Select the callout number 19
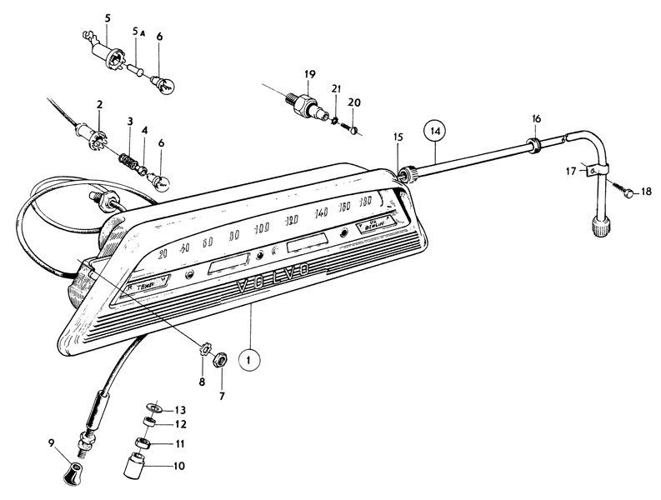point(310,74)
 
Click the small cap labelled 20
point(353,129)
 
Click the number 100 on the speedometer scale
point(262,228)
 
